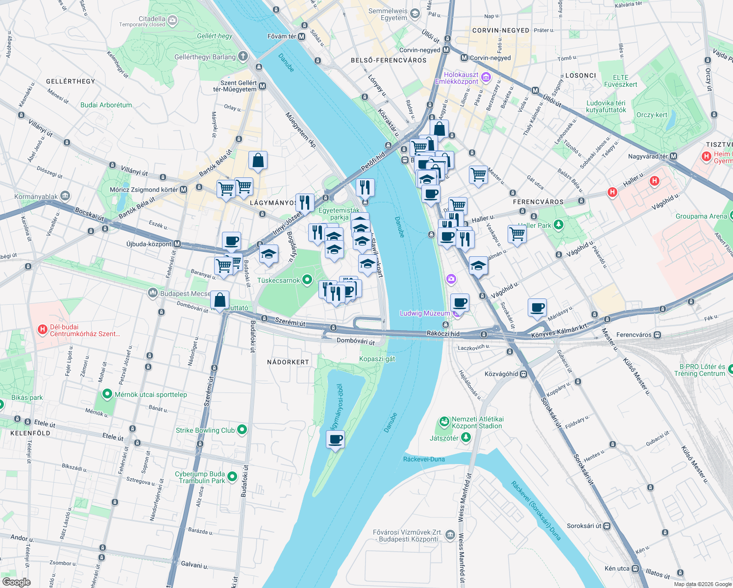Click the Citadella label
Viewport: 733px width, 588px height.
point(152,19)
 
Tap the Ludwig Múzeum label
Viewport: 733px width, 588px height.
point(424,313)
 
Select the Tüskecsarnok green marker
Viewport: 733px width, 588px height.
point(307,280)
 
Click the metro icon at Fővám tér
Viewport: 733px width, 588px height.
point(301,36)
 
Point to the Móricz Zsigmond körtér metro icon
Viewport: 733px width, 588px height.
point(183,189)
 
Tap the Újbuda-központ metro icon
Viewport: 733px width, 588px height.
point(177,244)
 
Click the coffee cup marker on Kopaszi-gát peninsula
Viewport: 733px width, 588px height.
point(335,439)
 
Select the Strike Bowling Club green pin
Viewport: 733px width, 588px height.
point(242,430)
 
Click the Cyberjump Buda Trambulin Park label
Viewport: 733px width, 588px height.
point(199,477)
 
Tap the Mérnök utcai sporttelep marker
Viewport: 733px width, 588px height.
point(107,394)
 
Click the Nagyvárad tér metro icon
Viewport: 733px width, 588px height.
point(673,156)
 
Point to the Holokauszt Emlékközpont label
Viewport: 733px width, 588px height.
point(456,78)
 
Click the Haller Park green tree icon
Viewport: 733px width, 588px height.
point(558,225)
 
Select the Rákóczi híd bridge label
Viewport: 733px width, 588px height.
point(443,334)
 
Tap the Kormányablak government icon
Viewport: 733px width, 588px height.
point(65,196)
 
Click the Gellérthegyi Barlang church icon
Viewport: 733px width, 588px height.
point(243,56)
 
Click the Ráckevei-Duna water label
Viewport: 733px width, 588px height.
point(424,459)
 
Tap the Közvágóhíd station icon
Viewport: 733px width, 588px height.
point(524,374)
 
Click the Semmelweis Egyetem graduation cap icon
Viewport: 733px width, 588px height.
point(415,14)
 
